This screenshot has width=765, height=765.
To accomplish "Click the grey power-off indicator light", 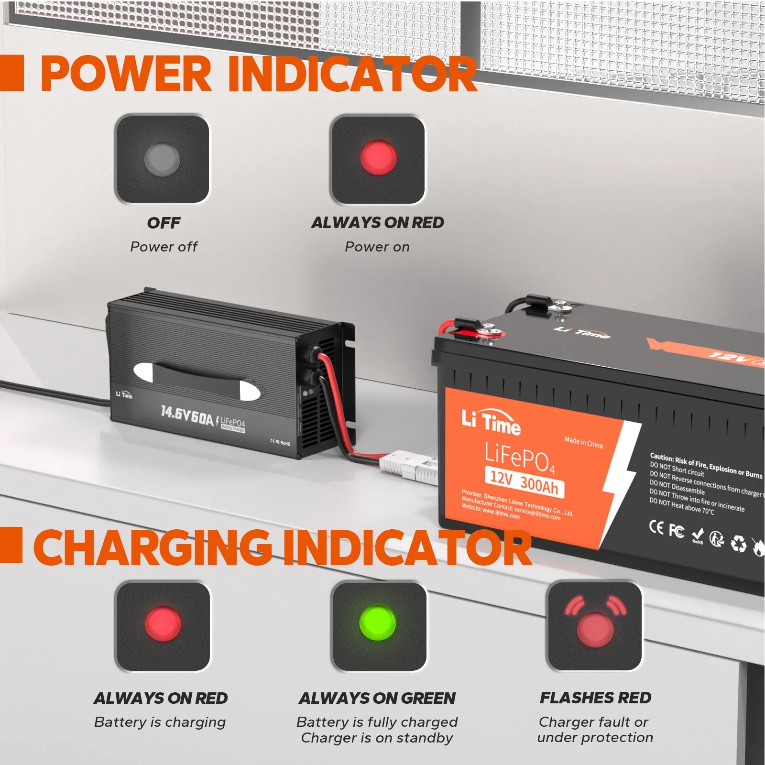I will pyautogui.click(x=162, y=158).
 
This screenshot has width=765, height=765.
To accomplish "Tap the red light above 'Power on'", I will pyautogui.click(x=378, y=157).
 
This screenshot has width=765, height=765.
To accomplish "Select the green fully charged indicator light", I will pyautogui.click(x=378, y=623).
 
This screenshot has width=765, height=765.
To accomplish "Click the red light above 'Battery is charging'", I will pyautogui.click(x=163, y=623).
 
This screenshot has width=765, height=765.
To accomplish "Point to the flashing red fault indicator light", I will pyautogui.click(x=595, y=628).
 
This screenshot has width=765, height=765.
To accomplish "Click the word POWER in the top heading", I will pyautogui.click(x=126, y=74).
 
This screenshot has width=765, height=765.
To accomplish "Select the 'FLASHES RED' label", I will pyautogui.click(x=595, y=698).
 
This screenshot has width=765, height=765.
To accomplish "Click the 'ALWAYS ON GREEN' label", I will pyautogui.click(x=377, y=698).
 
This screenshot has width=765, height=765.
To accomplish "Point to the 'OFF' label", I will pyautogui.click(x=164, y=223).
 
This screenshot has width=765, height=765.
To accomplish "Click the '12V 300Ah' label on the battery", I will pyautogui.click(x=524, y=481).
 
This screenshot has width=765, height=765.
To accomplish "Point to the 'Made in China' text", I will pyautogui.click(x=583, y=442).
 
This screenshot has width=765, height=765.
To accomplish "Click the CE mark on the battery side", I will pyautogui.click(x=656, y=527).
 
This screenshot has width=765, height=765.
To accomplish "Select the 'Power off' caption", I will pyautogui.click(x=164, y=247).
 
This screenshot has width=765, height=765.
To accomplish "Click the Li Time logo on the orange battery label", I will pyautogui.click(x=491, y=421).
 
